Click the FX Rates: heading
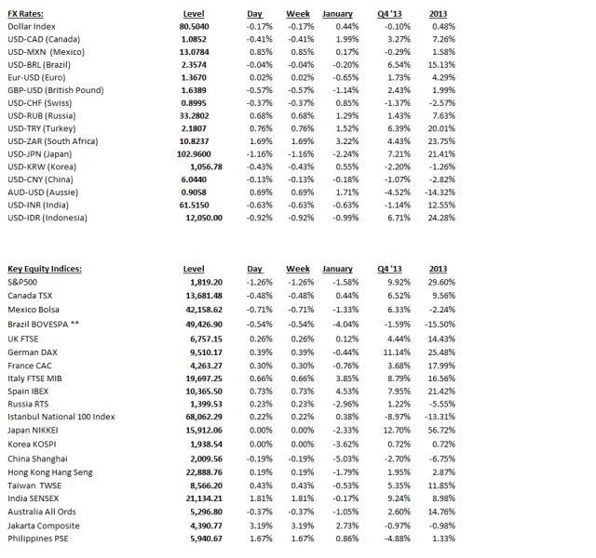click(29, 14)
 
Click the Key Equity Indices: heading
click(45, 269)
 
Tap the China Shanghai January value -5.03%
click(341, 458)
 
